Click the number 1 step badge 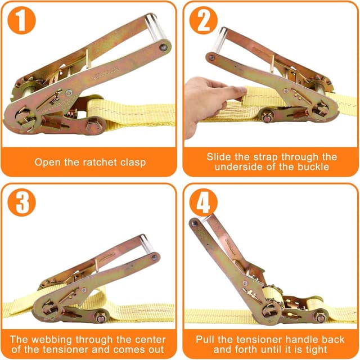point(22,22)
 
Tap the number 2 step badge point(203,22)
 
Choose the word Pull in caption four point(206,340)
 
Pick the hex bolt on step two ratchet point(266,118)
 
